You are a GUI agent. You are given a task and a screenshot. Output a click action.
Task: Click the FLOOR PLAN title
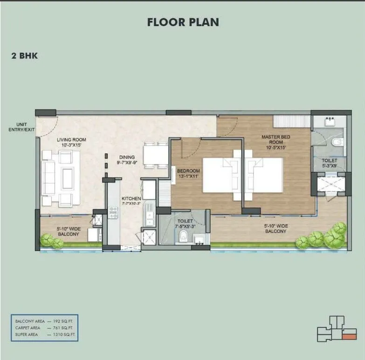pyautogui.click(x=183, y=22)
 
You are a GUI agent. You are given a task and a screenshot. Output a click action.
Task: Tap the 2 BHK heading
pyautogui.click(x=25, y=56)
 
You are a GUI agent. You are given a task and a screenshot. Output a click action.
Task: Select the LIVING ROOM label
pyautogui.click(x=71, y=142)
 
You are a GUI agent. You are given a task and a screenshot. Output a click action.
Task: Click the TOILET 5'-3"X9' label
pyautogui.click(x=329, y=164)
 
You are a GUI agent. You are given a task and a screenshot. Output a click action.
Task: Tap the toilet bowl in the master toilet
pyautogui.click(x=338, y=142)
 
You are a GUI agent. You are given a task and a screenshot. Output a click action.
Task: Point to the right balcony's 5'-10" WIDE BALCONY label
pyautogui.click(x=275, y=228)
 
